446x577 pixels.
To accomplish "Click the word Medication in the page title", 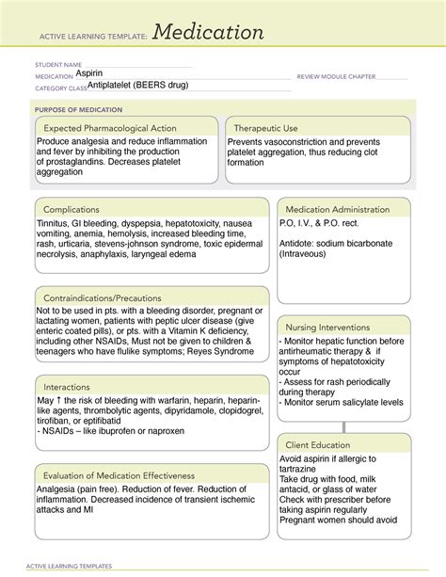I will click(x=208, y=32).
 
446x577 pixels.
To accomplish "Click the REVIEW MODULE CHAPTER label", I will click(x=336, y=76).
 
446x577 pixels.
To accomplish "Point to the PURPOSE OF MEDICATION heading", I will click(x=75, y=109).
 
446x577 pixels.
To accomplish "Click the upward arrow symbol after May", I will click(x=61, y=401).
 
